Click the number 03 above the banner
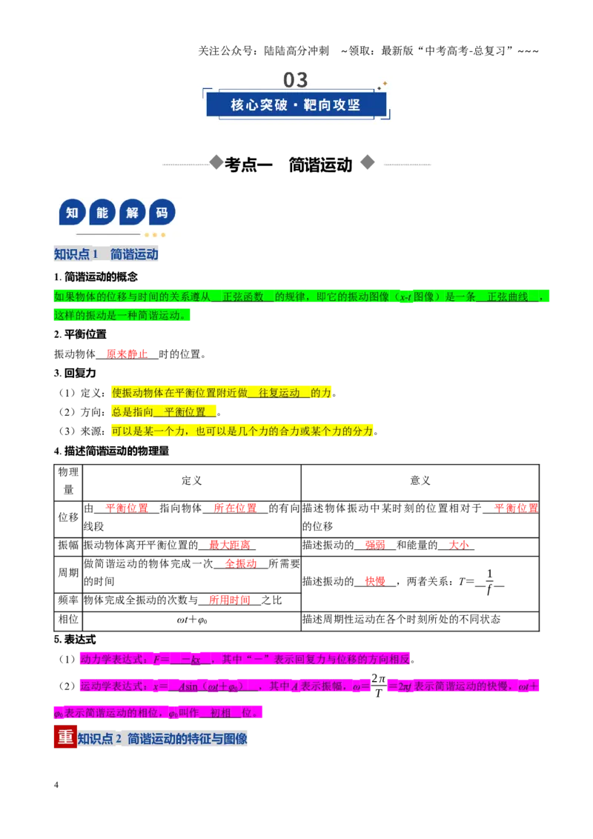click(296, 80)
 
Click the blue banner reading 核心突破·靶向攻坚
click(296, 105)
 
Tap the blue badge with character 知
click(72, 213)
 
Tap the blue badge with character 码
click(162, 213)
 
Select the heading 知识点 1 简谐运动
click(106, 254)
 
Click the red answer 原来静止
click(127, 354)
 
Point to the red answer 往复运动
click(279, 393)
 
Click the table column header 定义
click(191, 480)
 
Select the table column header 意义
click(420, 480)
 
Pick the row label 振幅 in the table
click(68, 545)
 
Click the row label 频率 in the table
click(68, 600)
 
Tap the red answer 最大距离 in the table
click(230, 545)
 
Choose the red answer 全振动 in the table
click(241, 564)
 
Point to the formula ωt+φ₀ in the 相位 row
click(191, 620)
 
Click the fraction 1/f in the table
click(489, 582)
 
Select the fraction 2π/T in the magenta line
click(378, 686)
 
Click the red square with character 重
click(65, 737)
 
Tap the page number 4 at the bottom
click(56, 785)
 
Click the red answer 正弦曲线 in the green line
click(507, 296)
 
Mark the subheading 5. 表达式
click(74, 640)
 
